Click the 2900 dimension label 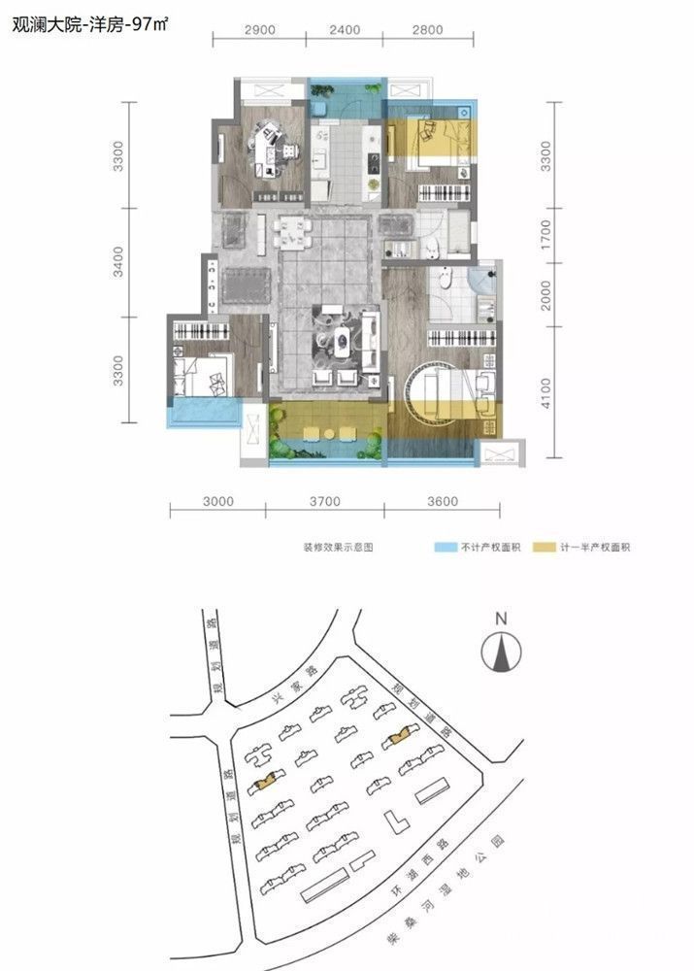[259, 30]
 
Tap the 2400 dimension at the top [345, 30]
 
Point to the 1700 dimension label [545, 235]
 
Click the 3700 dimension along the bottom [324, 501]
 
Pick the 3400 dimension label [117, 262]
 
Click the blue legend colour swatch [445, 548]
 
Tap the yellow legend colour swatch [545, 548]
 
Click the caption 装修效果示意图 [338, 548]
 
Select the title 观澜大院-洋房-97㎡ [89, 25]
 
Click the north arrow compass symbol [501, 651]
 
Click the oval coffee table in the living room [342, 338]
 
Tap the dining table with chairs [291, 232]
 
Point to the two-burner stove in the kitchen [374, 163]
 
